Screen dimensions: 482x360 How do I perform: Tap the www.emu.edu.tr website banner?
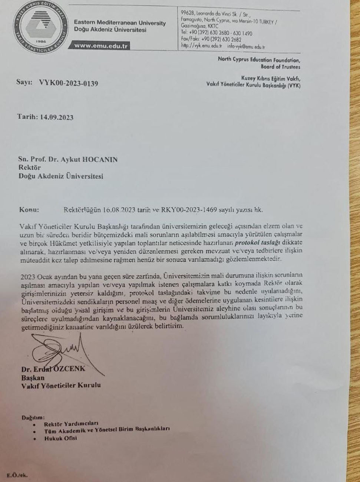tap(101, 46)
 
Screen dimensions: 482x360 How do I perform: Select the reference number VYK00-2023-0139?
tap(69, 83)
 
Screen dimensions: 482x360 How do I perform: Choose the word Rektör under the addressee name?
tap(30, 168)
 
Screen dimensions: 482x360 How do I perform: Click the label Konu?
tap(29, 209)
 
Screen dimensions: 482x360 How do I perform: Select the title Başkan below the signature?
tap(33, 378)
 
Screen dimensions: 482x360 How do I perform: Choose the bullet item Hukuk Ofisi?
tap(60, 438)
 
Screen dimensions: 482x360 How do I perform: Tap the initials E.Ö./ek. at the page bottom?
tap(17, 475)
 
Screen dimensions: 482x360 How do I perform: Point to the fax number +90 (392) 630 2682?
tap(221, 39)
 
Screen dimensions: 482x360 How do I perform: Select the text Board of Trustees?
tap(280, 67)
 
